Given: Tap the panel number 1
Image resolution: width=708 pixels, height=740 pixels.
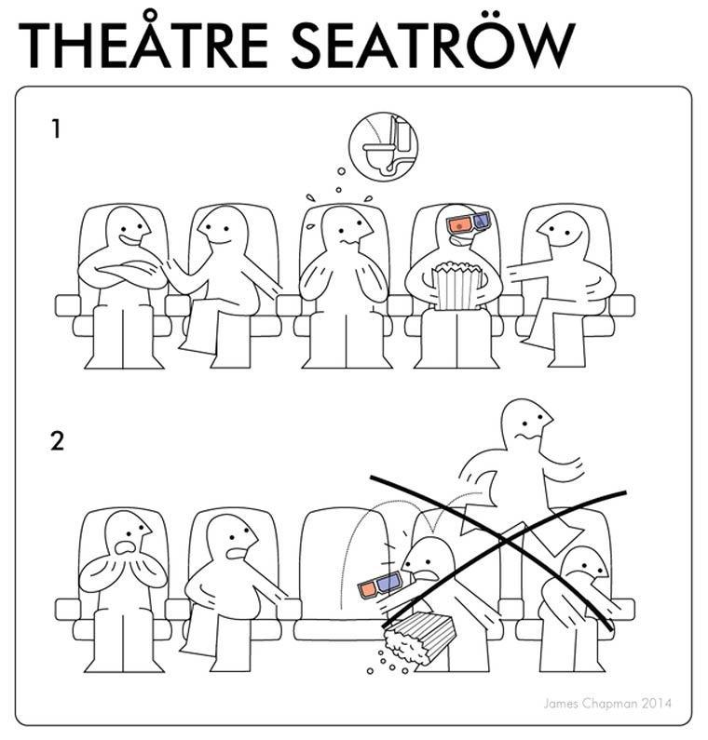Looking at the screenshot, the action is [x=56, y=128].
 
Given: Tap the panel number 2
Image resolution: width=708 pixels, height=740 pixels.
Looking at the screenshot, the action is [x=57, y=441].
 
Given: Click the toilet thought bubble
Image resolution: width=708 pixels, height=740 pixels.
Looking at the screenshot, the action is [x=383, y=147].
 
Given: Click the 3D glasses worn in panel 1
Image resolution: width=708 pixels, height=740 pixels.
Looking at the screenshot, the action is [x=469, y=222].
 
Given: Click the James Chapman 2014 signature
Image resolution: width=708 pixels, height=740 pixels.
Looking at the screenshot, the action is [x=607, y=704].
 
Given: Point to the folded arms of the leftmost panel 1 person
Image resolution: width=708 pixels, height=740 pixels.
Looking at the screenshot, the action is [x=124, y=273].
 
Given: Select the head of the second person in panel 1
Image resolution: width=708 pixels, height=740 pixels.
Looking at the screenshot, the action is [x=222, y=230].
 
